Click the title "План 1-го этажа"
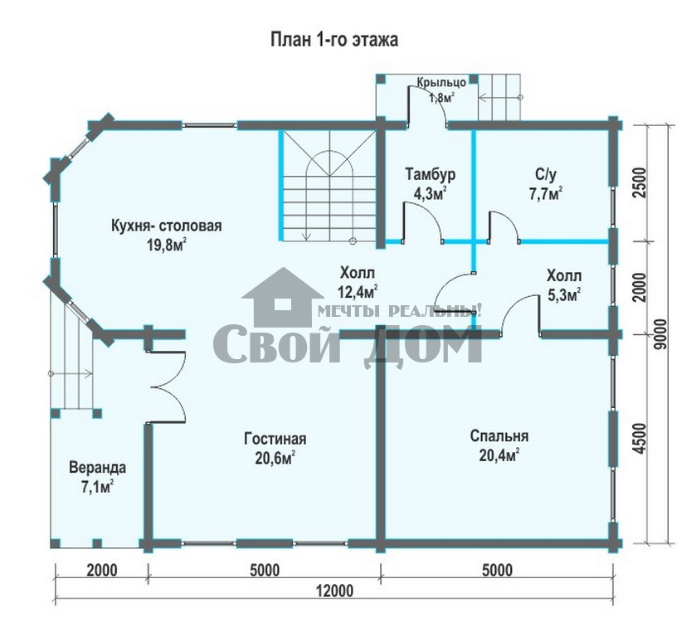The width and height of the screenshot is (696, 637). pos(334,40)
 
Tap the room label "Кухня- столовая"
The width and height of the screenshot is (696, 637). pos(167,226)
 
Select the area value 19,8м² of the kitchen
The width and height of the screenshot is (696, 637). pos(167,244)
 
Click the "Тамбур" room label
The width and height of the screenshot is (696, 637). pos(430,175)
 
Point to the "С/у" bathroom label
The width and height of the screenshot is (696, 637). pos(546,175)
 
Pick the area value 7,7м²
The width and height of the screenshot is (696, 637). pos(546,194)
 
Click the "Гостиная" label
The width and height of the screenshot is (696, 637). pos(275,439)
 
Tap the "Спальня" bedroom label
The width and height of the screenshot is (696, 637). pos(499,436)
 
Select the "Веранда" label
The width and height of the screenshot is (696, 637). pos(98,468)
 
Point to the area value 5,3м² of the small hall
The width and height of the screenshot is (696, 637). pos(564,295)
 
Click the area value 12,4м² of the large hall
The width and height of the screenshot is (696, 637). pos(358,292)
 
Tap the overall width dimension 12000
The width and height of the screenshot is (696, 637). pos(334,591)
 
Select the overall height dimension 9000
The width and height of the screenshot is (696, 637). pos(661,333)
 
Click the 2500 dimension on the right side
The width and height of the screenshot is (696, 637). pos(639,182)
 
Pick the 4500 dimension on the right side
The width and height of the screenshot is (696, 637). pos(639,438)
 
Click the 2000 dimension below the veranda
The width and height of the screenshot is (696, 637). pos(102,570)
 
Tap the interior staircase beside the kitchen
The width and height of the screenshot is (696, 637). pos(329,186)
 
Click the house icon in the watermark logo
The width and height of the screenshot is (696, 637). pos(282,297)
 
